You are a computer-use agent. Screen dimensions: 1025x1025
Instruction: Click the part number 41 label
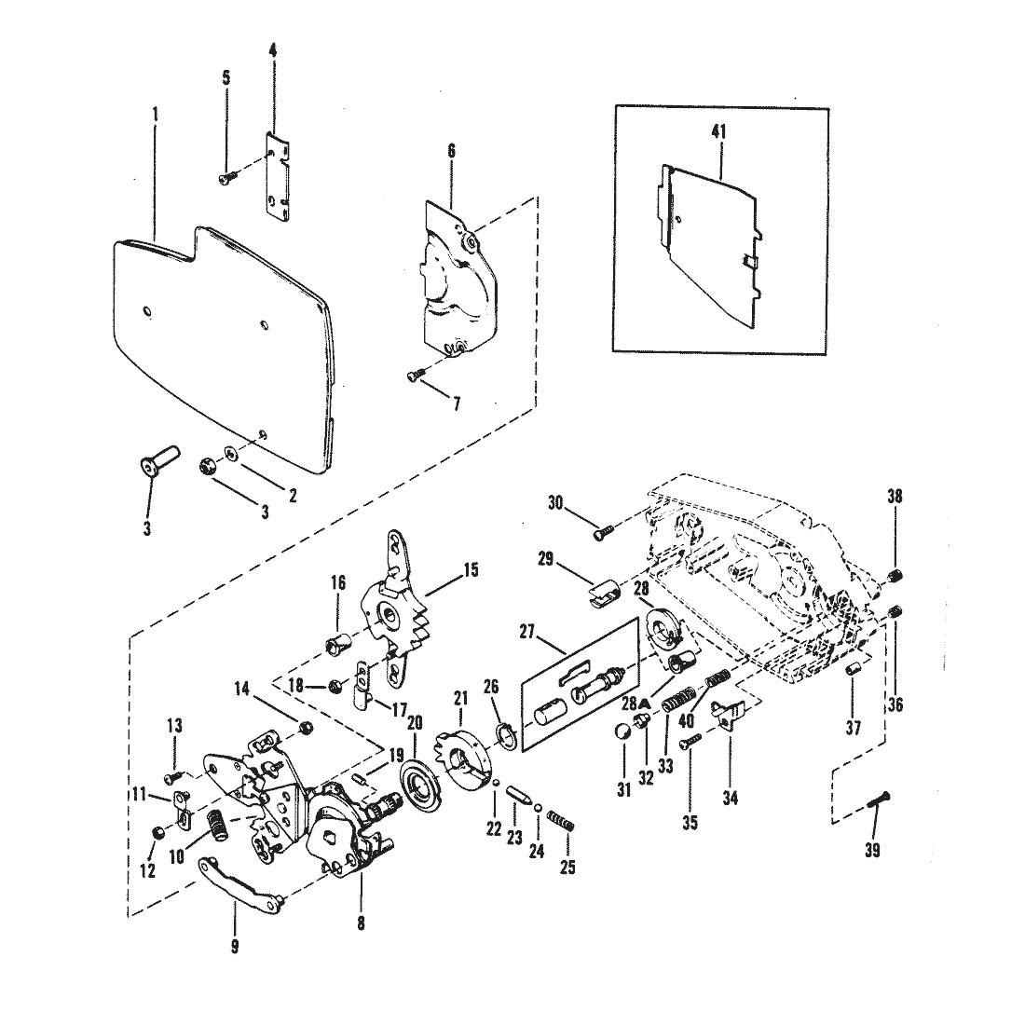tap(718, 132)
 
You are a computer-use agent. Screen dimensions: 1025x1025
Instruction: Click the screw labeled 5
tap(225, 177)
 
